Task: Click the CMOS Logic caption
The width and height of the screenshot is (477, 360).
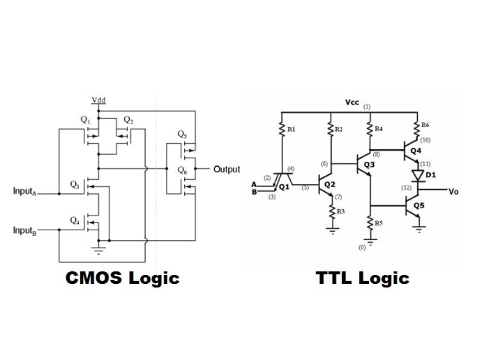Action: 122,278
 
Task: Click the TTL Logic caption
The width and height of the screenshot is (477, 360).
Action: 362,278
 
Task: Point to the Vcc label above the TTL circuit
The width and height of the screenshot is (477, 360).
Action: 352,103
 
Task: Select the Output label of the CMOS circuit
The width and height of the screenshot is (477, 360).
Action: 227,169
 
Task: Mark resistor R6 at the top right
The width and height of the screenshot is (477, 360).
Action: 417,127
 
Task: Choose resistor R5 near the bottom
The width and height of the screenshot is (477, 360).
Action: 370,222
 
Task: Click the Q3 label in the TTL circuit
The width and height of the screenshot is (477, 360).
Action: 369,165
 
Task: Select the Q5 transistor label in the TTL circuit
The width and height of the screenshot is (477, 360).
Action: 418,206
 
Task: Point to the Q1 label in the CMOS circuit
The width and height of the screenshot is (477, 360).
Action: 85,119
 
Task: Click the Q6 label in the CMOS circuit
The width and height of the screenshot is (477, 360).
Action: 182,170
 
